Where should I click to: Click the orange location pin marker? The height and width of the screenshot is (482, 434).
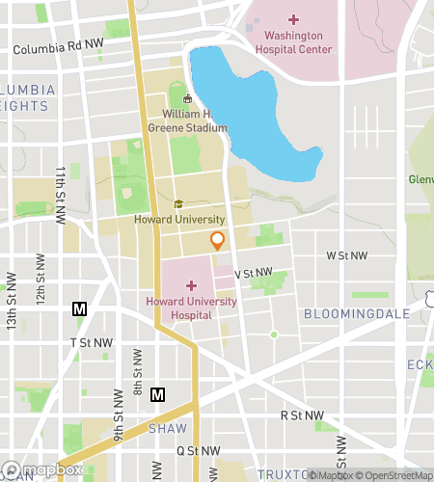(x=218, y=240)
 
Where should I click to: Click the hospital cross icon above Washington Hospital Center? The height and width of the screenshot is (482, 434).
(x=293, y=19)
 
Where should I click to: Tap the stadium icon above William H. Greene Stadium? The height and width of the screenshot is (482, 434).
(x=187, y=98)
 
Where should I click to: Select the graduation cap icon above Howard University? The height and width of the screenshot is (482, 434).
(x=178, y=204)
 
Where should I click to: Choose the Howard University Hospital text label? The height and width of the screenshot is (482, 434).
(x=190, y=308)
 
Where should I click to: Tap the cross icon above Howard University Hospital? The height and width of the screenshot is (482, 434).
(x=190, y=285)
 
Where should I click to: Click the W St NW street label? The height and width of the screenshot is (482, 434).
(x=347, y=255)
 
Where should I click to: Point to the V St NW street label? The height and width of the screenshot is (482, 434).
(x=253, y=273)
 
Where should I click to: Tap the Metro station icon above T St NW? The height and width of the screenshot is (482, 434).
(x=80, y=309)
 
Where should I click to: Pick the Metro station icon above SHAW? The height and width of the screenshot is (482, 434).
(x=158, y=393)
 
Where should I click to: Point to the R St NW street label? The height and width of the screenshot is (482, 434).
(x=300, y=415)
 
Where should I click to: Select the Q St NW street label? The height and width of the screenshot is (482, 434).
(x=198, y=450)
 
